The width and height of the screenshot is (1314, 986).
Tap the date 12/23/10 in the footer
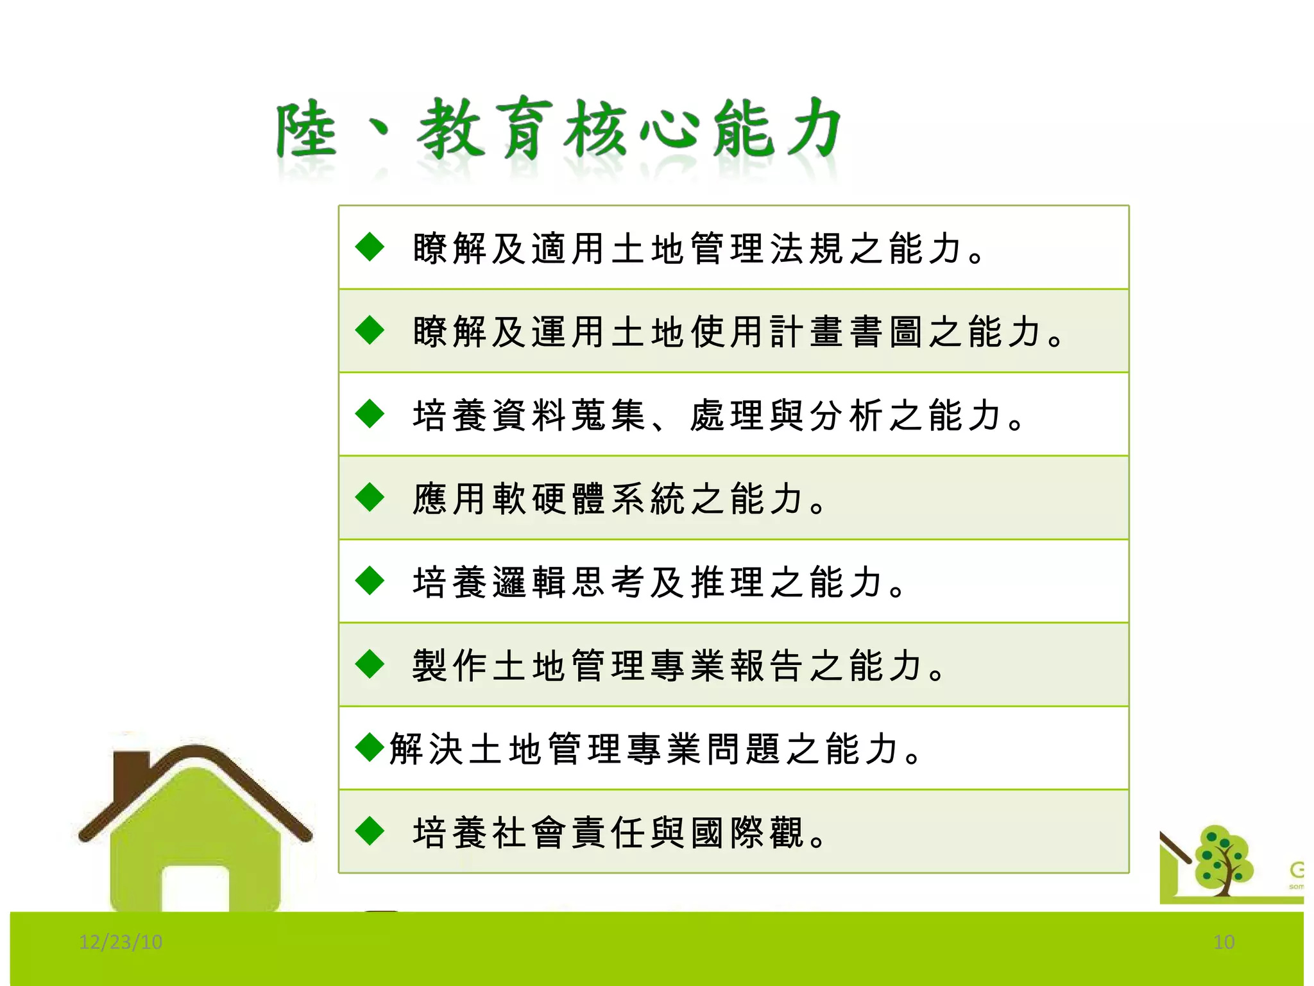tap(121, 942)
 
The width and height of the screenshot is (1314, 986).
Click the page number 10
tap(1224, 942)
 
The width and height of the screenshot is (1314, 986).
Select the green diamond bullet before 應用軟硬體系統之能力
tap(370, 497)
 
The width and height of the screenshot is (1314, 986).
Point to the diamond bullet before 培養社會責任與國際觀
tap(370, 831)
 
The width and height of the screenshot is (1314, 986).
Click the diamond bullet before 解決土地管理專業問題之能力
tap(370, 747)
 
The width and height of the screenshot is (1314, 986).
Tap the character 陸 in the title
tap(306, 132)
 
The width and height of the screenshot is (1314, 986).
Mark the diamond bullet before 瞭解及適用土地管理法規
tap(370, 247)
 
